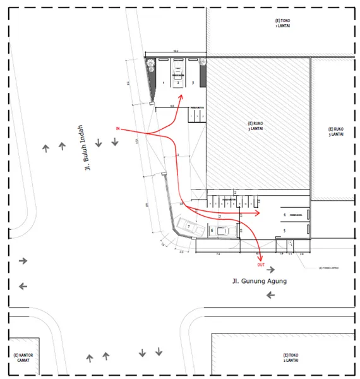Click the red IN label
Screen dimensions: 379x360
pyautogui.click(x=118, y=129)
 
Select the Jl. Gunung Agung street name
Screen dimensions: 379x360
pyautogui.click(x=258, y=280)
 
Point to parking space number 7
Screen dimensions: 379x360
pyautogui.click(x=188, y=226)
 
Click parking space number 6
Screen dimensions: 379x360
pyautogui.click(x=212, y=231)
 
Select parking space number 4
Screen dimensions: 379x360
pyautogui.click(x=285, y=215)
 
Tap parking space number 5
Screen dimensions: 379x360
pyautogui.click(x=285, y=231)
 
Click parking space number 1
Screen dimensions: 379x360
pyautogui.click(x=163, y=83)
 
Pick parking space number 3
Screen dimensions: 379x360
pyautogui.click(x=193, y=83)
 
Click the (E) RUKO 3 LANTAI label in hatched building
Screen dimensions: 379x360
pyautogui.click(x=259, y=125)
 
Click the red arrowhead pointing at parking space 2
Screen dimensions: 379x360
pyautogui.click(x=181, y=97)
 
